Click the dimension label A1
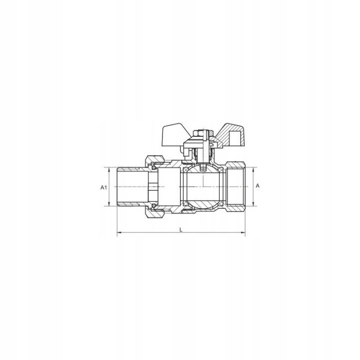tap(104, 187)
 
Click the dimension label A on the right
tap(258, 186)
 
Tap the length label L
tap(181, 229)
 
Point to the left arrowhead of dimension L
tap(119, 233)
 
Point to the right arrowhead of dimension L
tap(243, 233)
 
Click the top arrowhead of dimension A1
tap(109, 170)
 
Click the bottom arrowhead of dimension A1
tap(109, 204)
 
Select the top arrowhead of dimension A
tap(254, 170)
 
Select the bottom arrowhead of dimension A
tap(254, 204)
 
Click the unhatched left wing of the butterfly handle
tap(173, 135)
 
